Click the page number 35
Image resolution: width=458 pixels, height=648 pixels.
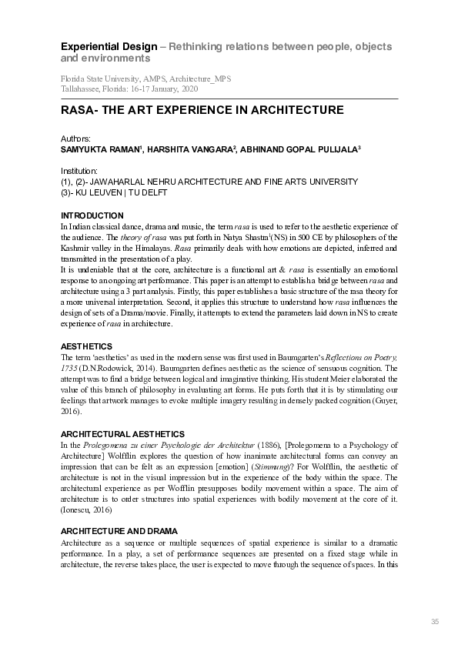coord(434,621)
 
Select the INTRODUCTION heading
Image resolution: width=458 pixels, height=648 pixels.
coord(92,215)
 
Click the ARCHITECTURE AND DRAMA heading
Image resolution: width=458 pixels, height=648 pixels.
coord(119,531)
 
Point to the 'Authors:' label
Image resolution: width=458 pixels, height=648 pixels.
coord(75,139)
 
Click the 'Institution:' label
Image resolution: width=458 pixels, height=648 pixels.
coord(79,170)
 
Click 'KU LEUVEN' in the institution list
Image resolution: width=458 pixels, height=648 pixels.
coord(102,192)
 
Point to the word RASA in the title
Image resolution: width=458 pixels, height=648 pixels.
coord(76,110)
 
